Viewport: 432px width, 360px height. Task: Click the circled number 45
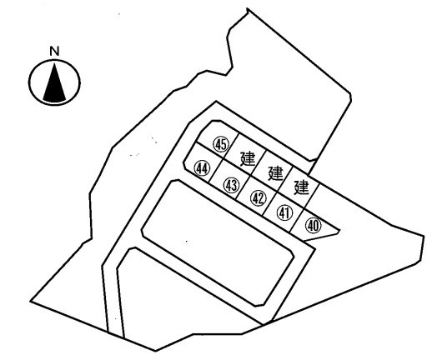click(x=221, y=144)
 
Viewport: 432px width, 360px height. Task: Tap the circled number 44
click(x=202, y=168)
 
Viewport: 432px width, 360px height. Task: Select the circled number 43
click(x=231, y=185)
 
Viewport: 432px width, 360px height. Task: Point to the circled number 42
click(x=259, y=198)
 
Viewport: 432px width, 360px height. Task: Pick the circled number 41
click(x=285, y=213)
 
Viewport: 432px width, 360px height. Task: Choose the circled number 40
click(x=314, y=225)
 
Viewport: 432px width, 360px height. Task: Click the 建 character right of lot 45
click(x=248, y=158)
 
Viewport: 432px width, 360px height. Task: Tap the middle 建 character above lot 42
click(x=275, y=173)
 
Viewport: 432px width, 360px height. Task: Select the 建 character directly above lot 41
click(x=302, y=187)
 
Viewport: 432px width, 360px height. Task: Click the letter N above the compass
click(x=54, y=52)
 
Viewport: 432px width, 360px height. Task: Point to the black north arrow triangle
click(x=54, y=82)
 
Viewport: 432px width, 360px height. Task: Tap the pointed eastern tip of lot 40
click(x=339, y=230)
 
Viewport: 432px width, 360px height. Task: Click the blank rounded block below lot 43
click(x=218, y=243)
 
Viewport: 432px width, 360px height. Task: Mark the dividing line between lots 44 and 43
click(x=216, y=171)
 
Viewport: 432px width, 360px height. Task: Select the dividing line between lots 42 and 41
click(x=269, y=203)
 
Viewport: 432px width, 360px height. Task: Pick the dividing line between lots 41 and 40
click(x=297, y=219)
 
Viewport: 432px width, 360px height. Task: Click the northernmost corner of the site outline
click(x=247, y=9)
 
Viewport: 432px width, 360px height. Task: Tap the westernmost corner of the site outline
click(x=31, y=301)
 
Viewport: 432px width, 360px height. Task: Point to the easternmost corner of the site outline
click(x=424, y=237)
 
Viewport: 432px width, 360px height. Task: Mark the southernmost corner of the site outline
click(x=155, y=351)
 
